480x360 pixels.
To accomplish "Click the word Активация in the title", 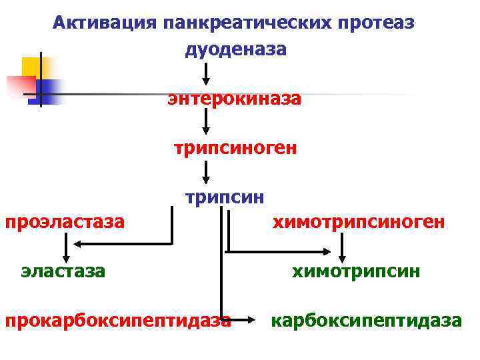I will click(104, 24).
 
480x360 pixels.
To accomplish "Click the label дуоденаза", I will click(236, 50).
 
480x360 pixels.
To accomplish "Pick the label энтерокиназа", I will click(235, 99).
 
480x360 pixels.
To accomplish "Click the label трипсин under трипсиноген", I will click(225, 197).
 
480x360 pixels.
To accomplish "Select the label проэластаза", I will click(65, 221).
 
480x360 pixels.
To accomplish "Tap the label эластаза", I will click(63, 271).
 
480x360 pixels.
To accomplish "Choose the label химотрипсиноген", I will click(357, 222).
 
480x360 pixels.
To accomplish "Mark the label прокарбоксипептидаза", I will click(118, 321).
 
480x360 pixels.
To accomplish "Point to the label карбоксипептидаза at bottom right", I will click(365, 321).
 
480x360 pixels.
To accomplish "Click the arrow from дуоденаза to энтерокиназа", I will click(207, 72).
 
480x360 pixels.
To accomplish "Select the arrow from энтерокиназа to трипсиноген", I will click(207, 121).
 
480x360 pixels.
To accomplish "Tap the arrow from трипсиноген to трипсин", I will click(207, 171).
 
